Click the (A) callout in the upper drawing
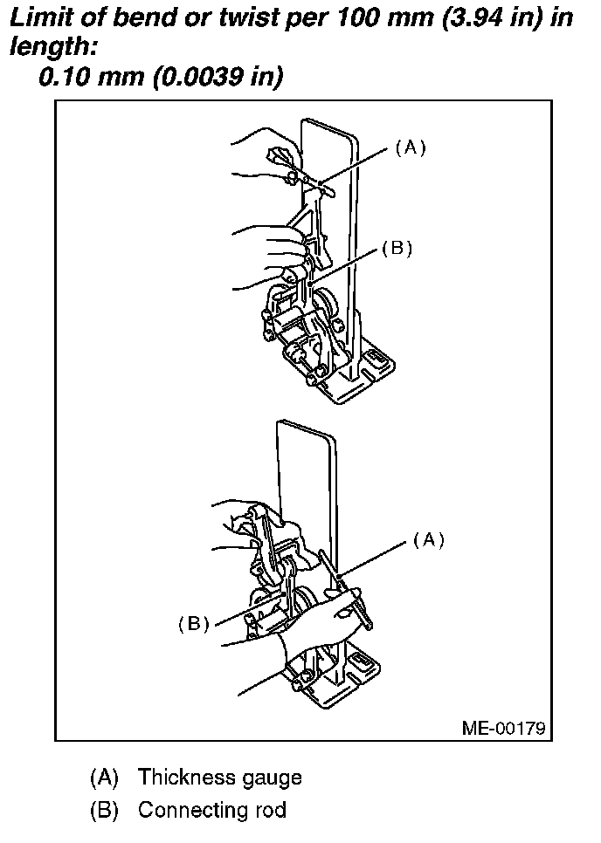point(410,147)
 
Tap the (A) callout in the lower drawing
point(428,540)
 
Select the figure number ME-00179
point(504,728)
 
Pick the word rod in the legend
point(269,810)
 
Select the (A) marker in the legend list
point(103,777)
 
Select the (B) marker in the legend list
point(103,810)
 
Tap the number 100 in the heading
point(352,18)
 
